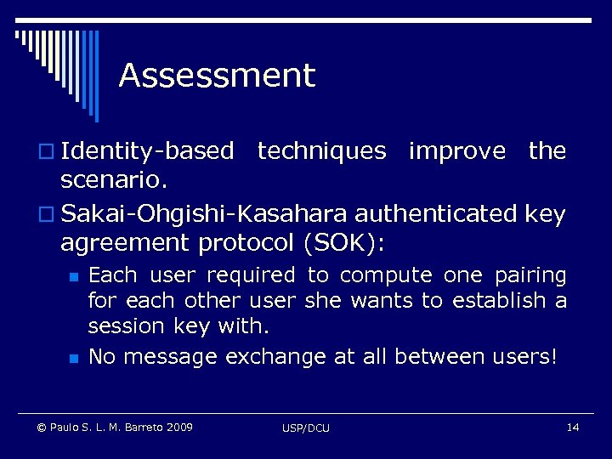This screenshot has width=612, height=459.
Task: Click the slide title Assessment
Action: [217, 76]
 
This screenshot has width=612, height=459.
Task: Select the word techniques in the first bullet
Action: [321, 151]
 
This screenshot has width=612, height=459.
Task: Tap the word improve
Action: [456, 151]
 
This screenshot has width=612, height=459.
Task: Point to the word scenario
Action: [114, 181]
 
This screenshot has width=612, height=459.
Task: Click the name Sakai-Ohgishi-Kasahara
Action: [208, 214]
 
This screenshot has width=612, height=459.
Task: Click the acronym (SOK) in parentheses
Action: [343, 244]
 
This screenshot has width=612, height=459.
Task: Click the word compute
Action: [386, 275]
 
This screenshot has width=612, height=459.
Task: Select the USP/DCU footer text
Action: [306, 428]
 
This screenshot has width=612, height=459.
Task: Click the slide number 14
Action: [572, 426]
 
